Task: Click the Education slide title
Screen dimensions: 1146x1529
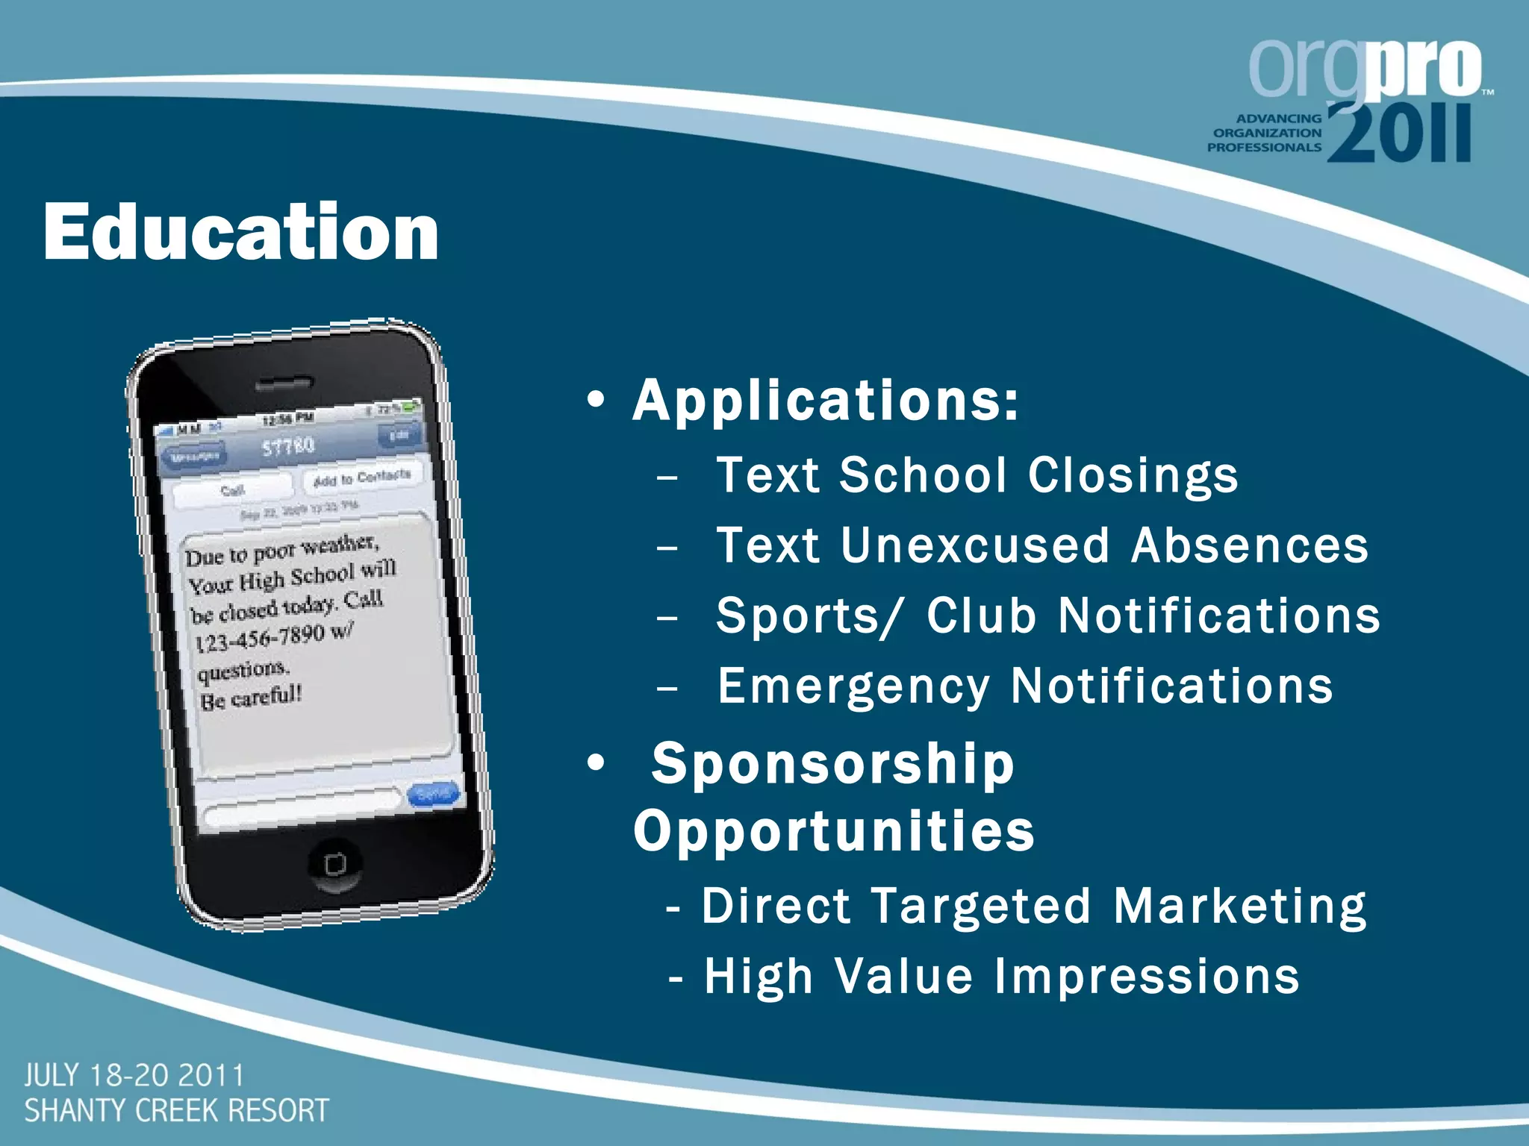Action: point(240,232)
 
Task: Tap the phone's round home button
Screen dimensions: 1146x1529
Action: point(335,864)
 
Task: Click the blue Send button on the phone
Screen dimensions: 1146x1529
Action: point(432,795)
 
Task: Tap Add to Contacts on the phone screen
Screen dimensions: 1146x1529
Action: point(362,477)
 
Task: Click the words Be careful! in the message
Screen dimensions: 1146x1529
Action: point(251,698)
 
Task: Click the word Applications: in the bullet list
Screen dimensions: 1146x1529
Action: point(825,401)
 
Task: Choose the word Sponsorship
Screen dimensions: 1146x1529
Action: point(832,764)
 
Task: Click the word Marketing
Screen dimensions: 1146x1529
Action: point(1239,907)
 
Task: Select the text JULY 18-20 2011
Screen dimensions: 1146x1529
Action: point(134,1076)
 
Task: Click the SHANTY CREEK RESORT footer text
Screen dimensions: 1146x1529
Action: point(177,1111)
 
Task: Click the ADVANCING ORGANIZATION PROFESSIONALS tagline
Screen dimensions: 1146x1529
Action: point(1265,134)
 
